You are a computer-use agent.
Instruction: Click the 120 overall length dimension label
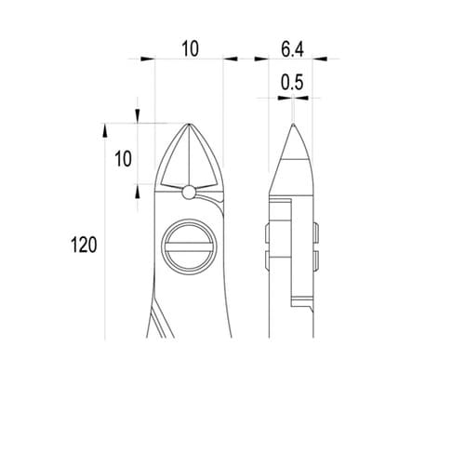[84, 245]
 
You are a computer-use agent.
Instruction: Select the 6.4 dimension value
[292, 49]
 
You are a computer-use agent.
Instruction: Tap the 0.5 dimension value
[292, 83]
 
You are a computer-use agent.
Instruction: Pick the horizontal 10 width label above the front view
[190, 49]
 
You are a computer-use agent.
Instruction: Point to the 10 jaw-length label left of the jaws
[123, 159]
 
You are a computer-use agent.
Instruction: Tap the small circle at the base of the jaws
[189, 193]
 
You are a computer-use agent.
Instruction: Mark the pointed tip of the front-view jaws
[189, 124]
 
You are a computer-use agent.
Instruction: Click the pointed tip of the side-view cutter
[293, 124]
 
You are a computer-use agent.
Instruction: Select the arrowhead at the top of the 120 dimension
[105, 130]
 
